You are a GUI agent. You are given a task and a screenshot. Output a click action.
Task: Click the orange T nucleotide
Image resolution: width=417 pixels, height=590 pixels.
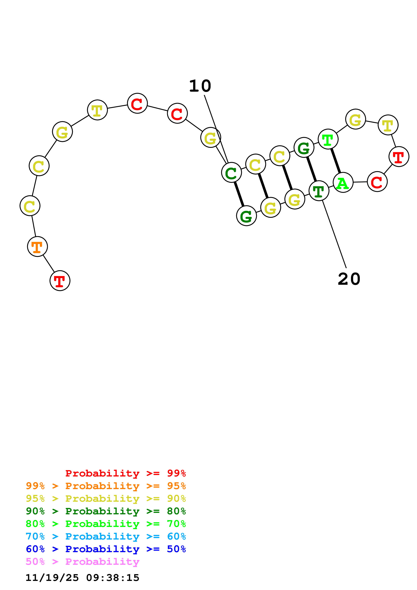38,246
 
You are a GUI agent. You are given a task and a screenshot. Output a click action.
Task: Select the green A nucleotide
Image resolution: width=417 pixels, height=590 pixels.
343,182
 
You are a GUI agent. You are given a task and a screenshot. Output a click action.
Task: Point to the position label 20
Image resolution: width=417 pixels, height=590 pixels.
349,279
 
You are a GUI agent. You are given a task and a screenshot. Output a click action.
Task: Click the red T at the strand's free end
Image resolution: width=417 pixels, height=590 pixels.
60,281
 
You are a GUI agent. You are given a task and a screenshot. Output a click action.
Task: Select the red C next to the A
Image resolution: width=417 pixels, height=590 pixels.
377,182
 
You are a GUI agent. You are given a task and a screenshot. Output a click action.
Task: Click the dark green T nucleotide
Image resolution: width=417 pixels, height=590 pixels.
319,191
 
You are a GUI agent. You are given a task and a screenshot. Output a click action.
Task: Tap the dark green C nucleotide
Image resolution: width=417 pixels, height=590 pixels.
231,172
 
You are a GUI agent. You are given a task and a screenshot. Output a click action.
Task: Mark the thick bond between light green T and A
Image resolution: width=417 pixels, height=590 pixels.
336,161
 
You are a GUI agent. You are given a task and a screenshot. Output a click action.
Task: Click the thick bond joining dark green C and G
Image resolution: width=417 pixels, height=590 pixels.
239,194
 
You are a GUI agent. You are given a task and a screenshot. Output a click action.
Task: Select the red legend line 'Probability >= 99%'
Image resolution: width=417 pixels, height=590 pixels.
125,473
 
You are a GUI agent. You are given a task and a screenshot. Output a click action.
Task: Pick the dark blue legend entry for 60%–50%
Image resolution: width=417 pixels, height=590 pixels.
106,549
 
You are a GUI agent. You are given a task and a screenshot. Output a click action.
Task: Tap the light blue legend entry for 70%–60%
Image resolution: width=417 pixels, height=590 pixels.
106,537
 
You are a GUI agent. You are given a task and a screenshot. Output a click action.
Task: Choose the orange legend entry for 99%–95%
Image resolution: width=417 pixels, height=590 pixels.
106,486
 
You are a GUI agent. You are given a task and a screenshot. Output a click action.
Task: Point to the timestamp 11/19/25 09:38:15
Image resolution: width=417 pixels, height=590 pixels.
82,578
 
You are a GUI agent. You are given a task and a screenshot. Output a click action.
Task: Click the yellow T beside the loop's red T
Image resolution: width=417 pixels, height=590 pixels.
388,125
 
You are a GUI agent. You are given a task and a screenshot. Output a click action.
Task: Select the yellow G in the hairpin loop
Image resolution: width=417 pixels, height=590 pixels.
355,119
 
